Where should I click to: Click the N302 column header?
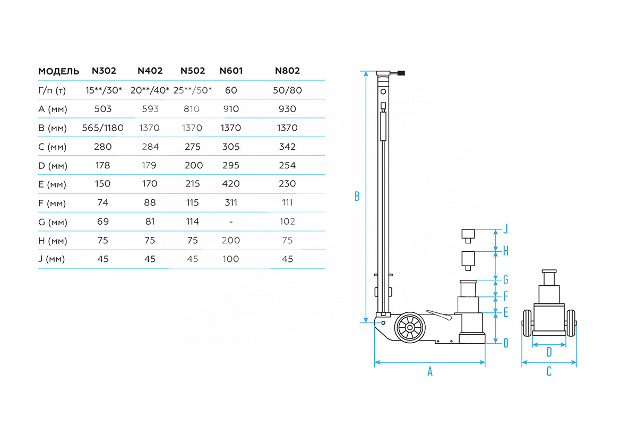[104, 71]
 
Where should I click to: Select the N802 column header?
[287, 71]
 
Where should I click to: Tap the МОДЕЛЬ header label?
[59, 71]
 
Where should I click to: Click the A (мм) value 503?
[103, 109]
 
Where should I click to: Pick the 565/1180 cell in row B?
[103, 128]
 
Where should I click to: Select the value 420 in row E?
[231, 184]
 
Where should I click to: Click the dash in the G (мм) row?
[231, 222]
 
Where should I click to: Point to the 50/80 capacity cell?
[287, 90]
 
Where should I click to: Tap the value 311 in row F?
[231, 202]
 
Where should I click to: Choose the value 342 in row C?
[287, 147]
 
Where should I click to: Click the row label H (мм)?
[53, 241]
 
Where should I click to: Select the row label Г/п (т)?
[52, 90]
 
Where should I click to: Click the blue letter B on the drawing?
[357, 197]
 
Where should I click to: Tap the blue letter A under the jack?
[430, 372]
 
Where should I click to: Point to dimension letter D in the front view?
[549, 351]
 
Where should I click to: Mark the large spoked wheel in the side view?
[410, 328]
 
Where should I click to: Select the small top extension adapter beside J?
[468, 234]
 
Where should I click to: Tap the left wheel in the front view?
[527, 323]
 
